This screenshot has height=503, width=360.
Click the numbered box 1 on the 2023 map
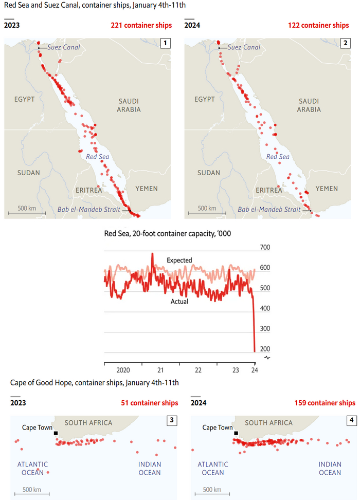(x=165, y=44)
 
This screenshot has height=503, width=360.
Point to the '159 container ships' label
(x=325, y=403)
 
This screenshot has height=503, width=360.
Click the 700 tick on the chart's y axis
(x=264, y=248)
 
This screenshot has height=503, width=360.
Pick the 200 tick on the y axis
(x=264, y=349)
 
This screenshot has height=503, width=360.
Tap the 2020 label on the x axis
(x=123, y=370)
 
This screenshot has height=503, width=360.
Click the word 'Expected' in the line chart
(x=179, y=260)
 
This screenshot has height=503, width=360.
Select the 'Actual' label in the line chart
(x=179, y=302)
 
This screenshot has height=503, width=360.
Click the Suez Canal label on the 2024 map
(x=243, y=48)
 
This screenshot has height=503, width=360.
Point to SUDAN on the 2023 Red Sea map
(x=28, y=173)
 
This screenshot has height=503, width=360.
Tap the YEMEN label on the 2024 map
(x=327, y=189)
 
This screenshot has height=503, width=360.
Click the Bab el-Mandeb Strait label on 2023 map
(x=88, y=210)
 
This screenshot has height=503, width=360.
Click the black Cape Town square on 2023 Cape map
(x=56, y=433)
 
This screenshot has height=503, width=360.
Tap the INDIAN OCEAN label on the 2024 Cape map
(x=330, y=469)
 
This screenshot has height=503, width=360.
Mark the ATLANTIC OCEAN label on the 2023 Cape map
(x=32, y=469)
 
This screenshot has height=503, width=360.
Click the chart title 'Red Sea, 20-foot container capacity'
(x=168, y=233)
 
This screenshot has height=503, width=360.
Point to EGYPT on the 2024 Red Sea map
(x=205, y=99)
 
